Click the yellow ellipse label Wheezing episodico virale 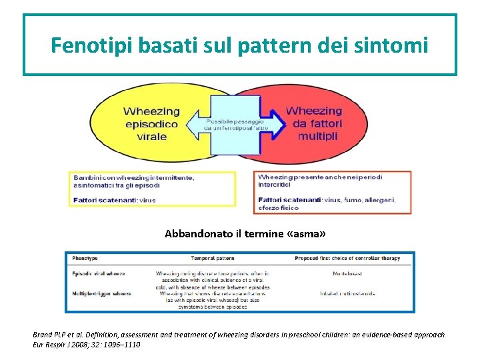pyautogui.click(x=151, y=123)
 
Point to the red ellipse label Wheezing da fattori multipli pyautogui.click(x=313, y=123)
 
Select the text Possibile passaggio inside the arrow pyautogui.click(x=235, y=122)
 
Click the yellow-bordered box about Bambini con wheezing pyautogui.click(x=151, y=189)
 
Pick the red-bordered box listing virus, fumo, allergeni pyautogui.click(x=331, y=193)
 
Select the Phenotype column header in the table pyautogui.click(x=85, y=258)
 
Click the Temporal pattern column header pyautogui.click(x=212, y=258)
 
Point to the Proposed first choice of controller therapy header pyautogui.click(x=347, y=258)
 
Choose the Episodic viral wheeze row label pyautogui.click(x=99, y=273)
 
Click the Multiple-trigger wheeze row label pyautogui.click(x=102, y=293)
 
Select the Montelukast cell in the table pyautogui.click(x=347, y=273)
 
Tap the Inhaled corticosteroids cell pyautogui.click(x=347, y=293)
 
